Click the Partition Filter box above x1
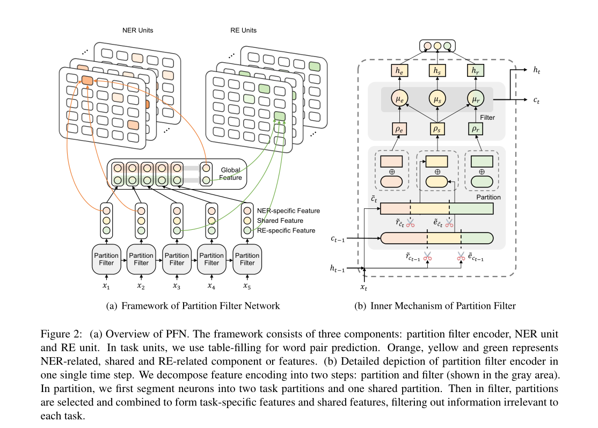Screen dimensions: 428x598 (106, 259)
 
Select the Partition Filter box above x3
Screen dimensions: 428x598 (177, 259)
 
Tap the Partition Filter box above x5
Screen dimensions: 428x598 (247, 259)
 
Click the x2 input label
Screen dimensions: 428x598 (141, 286)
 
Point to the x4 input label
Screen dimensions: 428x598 (212, 286)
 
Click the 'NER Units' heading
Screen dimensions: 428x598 (137, 31)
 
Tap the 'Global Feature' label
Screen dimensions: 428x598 (230, 174)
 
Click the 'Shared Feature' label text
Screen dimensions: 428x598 (280, 221)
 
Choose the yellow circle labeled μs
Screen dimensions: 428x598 (437, 99)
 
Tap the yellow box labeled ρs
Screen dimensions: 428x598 (437, 129)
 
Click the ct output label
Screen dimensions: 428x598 (537, 100)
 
